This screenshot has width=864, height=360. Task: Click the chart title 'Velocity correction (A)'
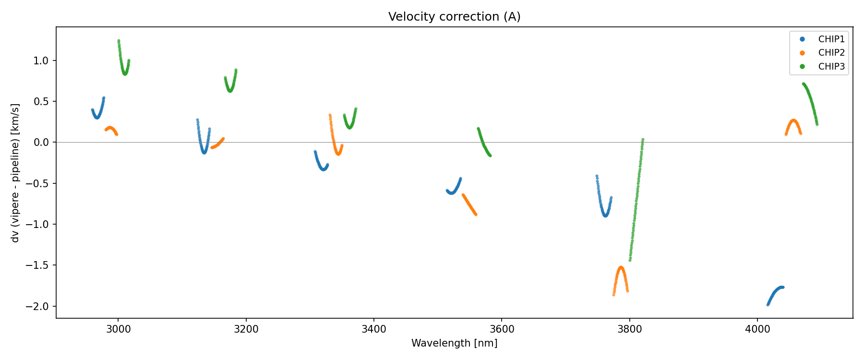point(454,17)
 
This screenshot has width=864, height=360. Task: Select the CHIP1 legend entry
point(831,39)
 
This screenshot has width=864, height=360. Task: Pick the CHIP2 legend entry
point(831,53)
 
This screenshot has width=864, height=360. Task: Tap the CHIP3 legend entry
point(831,67)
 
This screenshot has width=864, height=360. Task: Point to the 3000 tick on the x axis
point(118,329)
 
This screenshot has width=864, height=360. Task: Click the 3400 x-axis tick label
point(373,329)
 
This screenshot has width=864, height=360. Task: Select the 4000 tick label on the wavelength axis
point(757,329)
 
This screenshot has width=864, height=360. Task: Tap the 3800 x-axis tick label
point(629,329)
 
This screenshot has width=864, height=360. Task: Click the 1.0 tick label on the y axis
point(42,60)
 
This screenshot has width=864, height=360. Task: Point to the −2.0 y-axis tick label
point(39,306)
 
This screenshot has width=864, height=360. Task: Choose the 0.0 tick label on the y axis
point(42,143)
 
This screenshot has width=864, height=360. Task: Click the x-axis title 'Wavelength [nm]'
point(454,343)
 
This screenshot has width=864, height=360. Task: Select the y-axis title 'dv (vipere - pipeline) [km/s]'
point(15,173)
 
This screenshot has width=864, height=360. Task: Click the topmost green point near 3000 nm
point(119,41)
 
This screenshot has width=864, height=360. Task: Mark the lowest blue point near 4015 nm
point(768,304)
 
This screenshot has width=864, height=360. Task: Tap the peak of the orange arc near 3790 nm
point(621,267)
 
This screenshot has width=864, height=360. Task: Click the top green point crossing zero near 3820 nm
point(643,140)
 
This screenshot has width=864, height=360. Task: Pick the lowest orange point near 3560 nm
point(476,214)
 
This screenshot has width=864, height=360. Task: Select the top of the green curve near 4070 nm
point(803,84)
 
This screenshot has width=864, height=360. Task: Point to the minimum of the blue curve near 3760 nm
point(606,216)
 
